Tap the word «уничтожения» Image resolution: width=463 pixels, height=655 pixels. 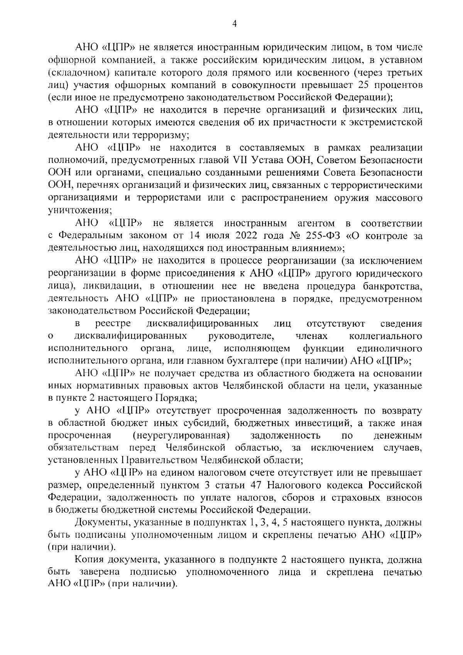tap(79, 210)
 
